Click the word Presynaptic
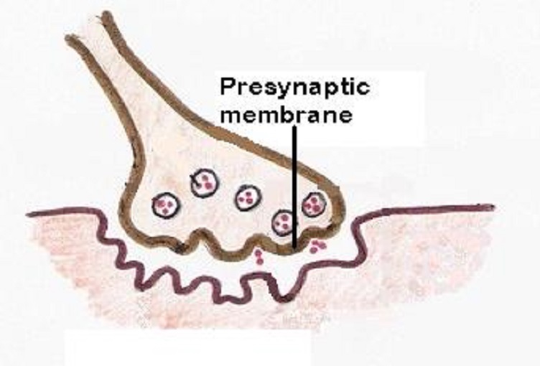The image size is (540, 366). coord(295,87)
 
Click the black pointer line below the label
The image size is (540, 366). coord(294,187)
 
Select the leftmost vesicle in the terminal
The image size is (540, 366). coord(166,205)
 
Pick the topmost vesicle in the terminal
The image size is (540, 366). coord(205,182)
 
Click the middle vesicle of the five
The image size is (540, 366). coord(248,197)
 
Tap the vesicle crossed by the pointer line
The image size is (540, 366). coord(285,222)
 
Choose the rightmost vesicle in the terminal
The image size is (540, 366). coord(314,205)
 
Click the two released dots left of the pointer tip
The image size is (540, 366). coord(259,257)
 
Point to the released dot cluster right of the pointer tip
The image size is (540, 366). coord(317,246)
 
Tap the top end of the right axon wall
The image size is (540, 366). coord(107,15)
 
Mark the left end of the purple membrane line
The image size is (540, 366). coord(28,215)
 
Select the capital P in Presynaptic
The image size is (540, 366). coord(228,86)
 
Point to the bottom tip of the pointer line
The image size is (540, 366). coord(294,248)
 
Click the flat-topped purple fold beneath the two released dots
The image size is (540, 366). coord(257,276)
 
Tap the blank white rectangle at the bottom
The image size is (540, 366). coord(188,348)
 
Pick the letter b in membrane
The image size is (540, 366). coord(292,114)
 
